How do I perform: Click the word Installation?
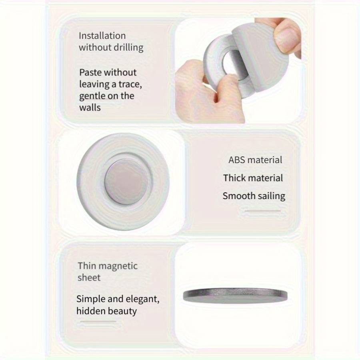tap(102, 36)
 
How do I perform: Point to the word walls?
tap(90, 108)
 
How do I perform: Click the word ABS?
tap(237, 160)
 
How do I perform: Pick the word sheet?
tap(89, 278)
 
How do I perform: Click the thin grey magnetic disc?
tap(235, 295)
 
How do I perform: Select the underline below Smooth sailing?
tap(263, 210)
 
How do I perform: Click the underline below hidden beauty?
tap(98, 322)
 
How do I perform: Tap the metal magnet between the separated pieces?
tap(231, 64)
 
